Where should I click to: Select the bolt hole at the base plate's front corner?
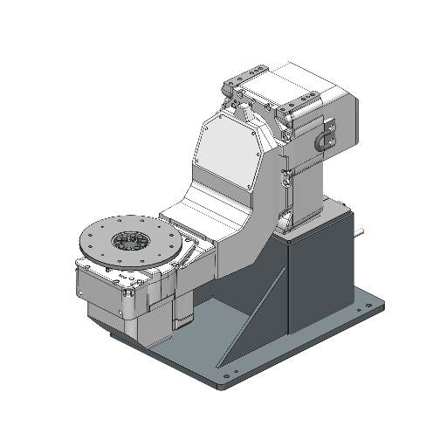pyautogui.click(x=229, y=377)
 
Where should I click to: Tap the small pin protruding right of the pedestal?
pyautogui.click(x=361, y=234)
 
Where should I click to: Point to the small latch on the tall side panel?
pyautogui.click(x=285, y=178)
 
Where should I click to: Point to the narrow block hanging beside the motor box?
pyautogui.click(x=182, y=306)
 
